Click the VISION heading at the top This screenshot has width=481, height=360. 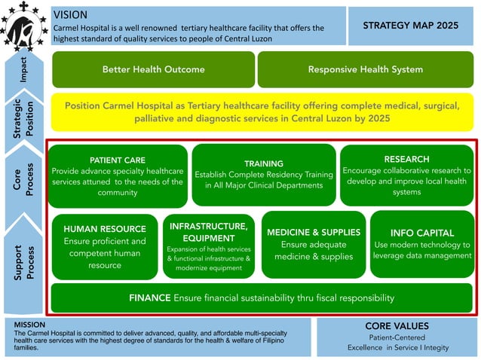click(72, 14)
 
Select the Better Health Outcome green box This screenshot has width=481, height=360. click(153, 69)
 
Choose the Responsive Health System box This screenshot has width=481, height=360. click(365, 69)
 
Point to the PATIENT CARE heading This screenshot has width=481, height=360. click(117, 160)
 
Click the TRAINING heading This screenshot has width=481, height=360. click(263, 163)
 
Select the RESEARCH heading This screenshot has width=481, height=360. click(406, 159)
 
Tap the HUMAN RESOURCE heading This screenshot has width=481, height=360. click(105, 229)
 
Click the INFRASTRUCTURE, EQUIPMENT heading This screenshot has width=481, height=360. click(208, 232)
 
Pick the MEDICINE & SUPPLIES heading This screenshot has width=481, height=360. click(314, 232)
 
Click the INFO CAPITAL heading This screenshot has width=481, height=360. click(422, 233)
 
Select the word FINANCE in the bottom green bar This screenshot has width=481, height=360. click(149, 297)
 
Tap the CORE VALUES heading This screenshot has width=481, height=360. click(397, 326)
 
